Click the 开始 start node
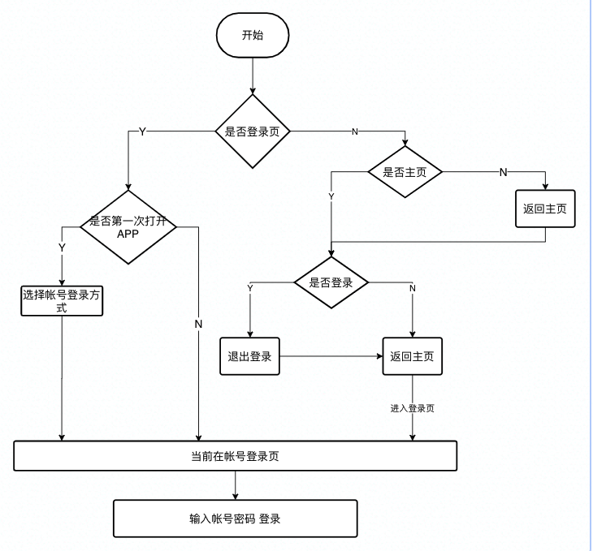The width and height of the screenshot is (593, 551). click(253, 36)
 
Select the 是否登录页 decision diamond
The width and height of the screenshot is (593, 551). click(253, 131)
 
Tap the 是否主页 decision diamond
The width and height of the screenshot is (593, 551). click(405, 172)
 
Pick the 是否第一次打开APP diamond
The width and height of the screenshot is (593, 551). click(128, 226)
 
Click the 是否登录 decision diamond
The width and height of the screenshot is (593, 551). click(331, 283)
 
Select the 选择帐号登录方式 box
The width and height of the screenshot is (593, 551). click(62, 301)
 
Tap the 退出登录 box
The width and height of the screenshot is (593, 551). click(249, 356)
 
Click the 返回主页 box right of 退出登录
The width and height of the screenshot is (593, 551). click(413, 356)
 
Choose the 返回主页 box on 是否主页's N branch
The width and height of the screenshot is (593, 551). click(545, 209)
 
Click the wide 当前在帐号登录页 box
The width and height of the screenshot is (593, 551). click(236, 456)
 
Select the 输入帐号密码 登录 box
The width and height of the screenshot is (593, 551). click(235, 519)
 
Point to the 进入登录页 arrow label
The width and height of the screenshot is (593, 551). click(412, 408)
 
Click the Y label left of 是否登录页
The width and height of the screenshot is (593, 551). click(143, 131)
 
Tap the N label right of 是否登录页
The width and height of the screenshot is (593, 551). click(354, 131)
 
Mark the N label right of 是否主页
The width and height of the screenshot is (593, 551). click(503, 172)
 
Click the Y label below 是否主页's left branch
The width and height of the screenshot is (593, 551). click(331, 196)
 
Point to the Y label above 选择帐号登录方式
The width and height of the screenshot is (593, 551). click(62, 247)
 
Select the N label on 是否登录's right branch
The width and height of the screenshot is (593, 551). click(413, 288)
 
